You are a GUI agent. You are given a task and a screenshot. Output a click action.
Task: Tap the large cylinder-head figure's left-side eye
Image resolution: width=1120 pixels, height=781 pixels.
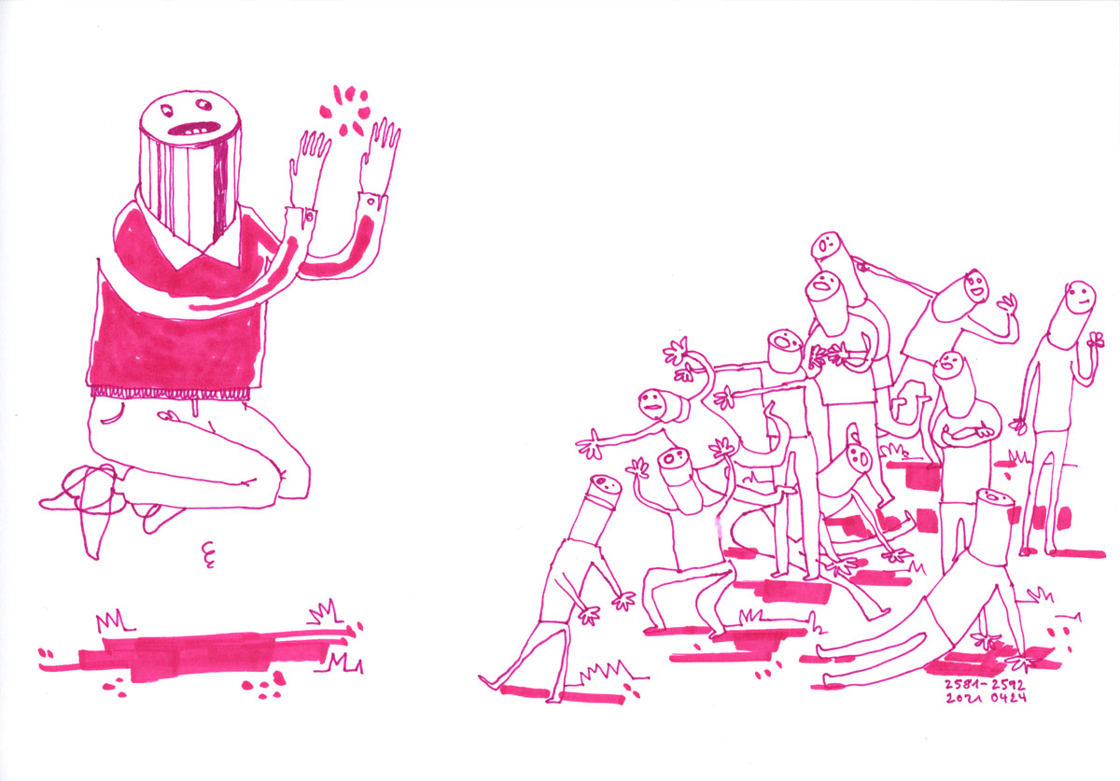165,108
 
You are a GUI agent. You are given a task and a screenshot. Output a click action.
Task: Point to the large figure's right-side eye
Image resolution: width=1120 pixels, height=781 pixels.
203,105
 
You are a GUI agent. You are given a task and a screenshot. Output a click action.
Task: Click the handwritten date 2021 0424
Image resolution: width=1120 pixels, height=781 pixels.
986,698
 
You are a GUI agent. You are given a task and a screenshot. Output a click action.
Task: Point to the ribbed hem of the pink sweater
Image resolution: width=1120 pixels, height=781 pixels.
170,393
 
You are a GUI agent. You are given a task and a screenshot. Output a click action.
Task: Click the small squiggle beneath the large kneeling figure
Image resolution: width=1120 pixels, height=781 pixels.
208,554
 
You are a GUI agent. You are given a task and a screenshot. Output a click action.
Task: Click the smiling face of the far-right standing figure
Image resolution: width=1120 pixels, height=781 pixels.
1081,298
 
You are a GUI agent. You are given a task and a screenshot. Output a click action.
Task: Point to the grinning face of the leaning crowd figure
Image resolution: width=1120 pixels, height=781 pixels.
975,285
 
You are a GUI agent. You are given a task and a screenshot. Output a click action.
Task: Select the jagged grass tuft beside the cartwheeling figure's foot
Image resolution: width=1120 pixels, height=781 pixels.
611,672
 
